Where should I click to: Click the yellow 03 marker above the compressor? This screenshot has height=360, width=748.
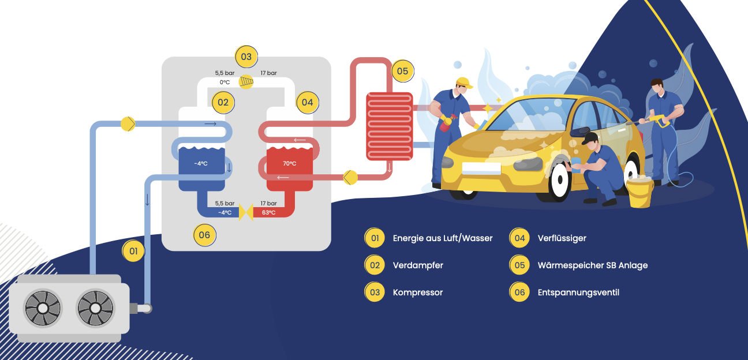pyautogui.click(x=246, y=57)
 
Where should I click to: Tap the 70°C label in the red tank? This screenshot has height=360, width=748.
pyautogui.click(x=289, y=163)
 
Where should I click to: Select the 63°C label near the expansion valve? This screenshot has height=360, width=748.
pyautogui.click(x=268, y=212)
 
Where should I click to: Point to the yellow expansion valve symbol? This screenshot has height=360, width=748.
pyautogui.click(x=246, y=212)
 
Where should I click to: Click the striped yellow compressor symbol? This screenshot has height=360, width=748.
pyautogui.click(x=246, y=81)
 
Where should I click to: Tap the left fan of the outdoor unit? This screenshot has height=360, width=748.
pyautogui.click(x=43, y=307)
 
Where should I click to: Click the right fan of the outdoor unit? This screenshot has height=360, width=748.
pyautogui.click(x=96, y=307)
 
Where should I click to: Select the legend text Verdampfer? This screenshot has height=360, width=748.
pyautogui.click(x=418, y=265)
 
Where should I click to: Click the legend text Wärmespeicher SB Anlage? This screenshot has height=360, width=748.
pyautogui.click(x=593, y=265)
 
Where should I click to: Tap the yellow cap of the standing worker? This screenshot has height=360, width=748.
pyautogui.click(x=463, y=82)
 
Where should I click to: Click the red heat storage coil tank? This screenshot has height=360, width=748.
pyautogui.click(x=390, y=126)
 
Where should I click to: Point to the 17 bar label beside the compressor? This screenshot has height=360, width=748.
pyautogui.click(x=268, y=73)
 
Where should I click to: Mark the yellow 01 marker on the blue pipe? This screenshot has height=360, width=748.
pyautogui.click(x=133, y=251)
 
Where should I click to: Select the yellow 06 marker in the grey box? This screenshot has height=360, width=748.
pyautogui.click(x=204, y=235)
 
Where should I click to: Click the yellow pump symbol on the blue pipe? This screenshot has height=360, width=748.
pyautogui.click(x=128, y=123)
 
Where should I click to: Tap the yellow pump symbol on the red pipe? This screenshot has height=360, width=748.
pyautogui.click(x=350, y=177)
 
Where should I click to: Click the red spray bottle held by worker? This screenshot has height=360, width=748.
pyautogui.click(x=445, y=125)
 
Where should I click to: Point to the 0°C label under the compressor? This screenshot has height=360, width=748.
pyautogui.click(x=225, y=82)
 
